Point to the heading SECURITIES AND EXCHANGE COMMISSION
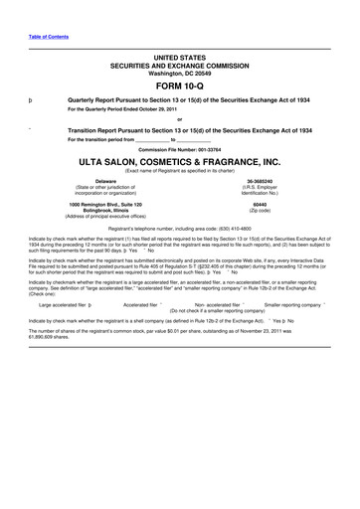point(179,64)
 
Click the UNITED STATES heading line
point(179,57)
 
